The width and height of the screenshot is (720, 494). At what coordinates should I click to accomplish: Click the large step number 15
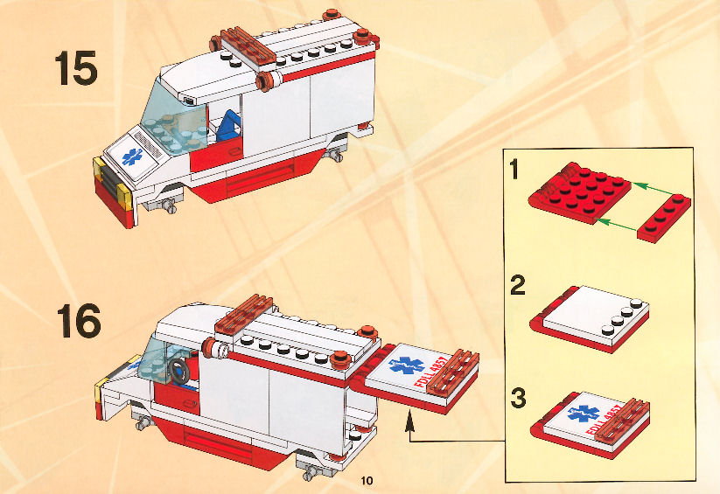(x=76, y=68)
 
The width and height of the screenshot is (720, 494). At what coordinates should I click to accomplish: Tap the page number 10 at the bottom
(x=367, y=480)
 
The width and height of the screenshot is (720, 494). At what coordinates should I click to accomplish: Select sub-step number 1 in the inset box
(x=514, y=169)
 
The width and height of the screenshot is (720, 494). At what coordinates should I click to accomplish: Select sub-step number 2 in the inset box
(x=518, y=285)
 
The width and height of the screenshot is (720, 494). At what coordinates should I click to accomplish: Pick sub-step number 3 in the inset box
(x=518, y=398)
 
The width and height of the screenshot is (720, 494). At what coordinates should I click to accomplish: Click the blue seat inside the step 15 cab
(x=228, y=125)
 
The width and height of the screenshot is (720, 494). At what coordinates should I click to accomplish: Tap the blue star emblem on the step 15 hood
(x=132, y=157)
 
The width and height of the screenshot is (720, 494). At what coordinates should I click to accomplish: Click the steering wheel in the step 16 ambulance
(x=178, y=370)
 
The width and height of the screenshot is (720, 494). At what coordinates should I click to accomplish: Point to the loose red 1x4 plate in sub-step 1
(x=664, y=219)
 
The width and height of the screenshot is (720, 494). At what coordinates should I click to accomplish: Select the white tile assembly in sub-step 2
(x=590, y=318)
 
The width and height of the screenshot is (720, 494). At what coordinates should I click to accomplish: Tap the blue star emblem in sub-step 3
(x=584, y=414)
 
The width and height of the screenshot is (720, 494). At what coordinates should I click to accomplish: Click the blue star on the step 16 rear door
(x=406, y=365)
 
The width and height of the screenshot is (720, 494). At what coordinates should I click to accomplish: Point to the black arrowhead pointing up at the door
(x=409, y=422)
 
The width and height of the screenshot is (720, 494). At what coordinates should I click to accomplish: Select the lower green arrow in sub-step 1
(x=616, y=225)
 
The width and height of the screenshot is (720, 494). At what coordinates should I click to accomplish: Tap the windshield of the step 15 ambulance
(x=173, y=121)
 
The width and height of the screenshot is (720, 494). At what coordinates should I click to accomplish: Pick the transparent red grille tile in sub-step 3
(x=622, y=420)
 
